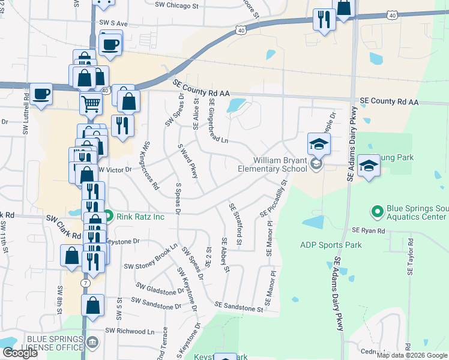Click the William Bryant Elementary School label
(280, 164)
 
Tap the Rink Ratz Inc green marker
(108, 216)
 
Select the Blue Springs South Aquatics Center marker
(377, 211)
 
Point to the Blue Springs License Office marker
(92, 343)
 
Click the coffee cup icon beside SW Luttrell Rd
(41, 94)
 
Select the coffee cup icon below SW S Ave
(111, 43)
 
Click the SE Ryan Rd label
(368, 230)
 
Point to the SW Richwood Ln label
(130, 331)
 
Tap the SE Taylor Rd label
(411, 256)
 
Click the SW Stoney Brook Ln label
(151, 257)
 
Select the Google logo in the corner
(20, 353)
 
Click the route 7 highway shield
(87, 283)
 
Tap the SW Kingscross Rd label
(151, 166)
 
